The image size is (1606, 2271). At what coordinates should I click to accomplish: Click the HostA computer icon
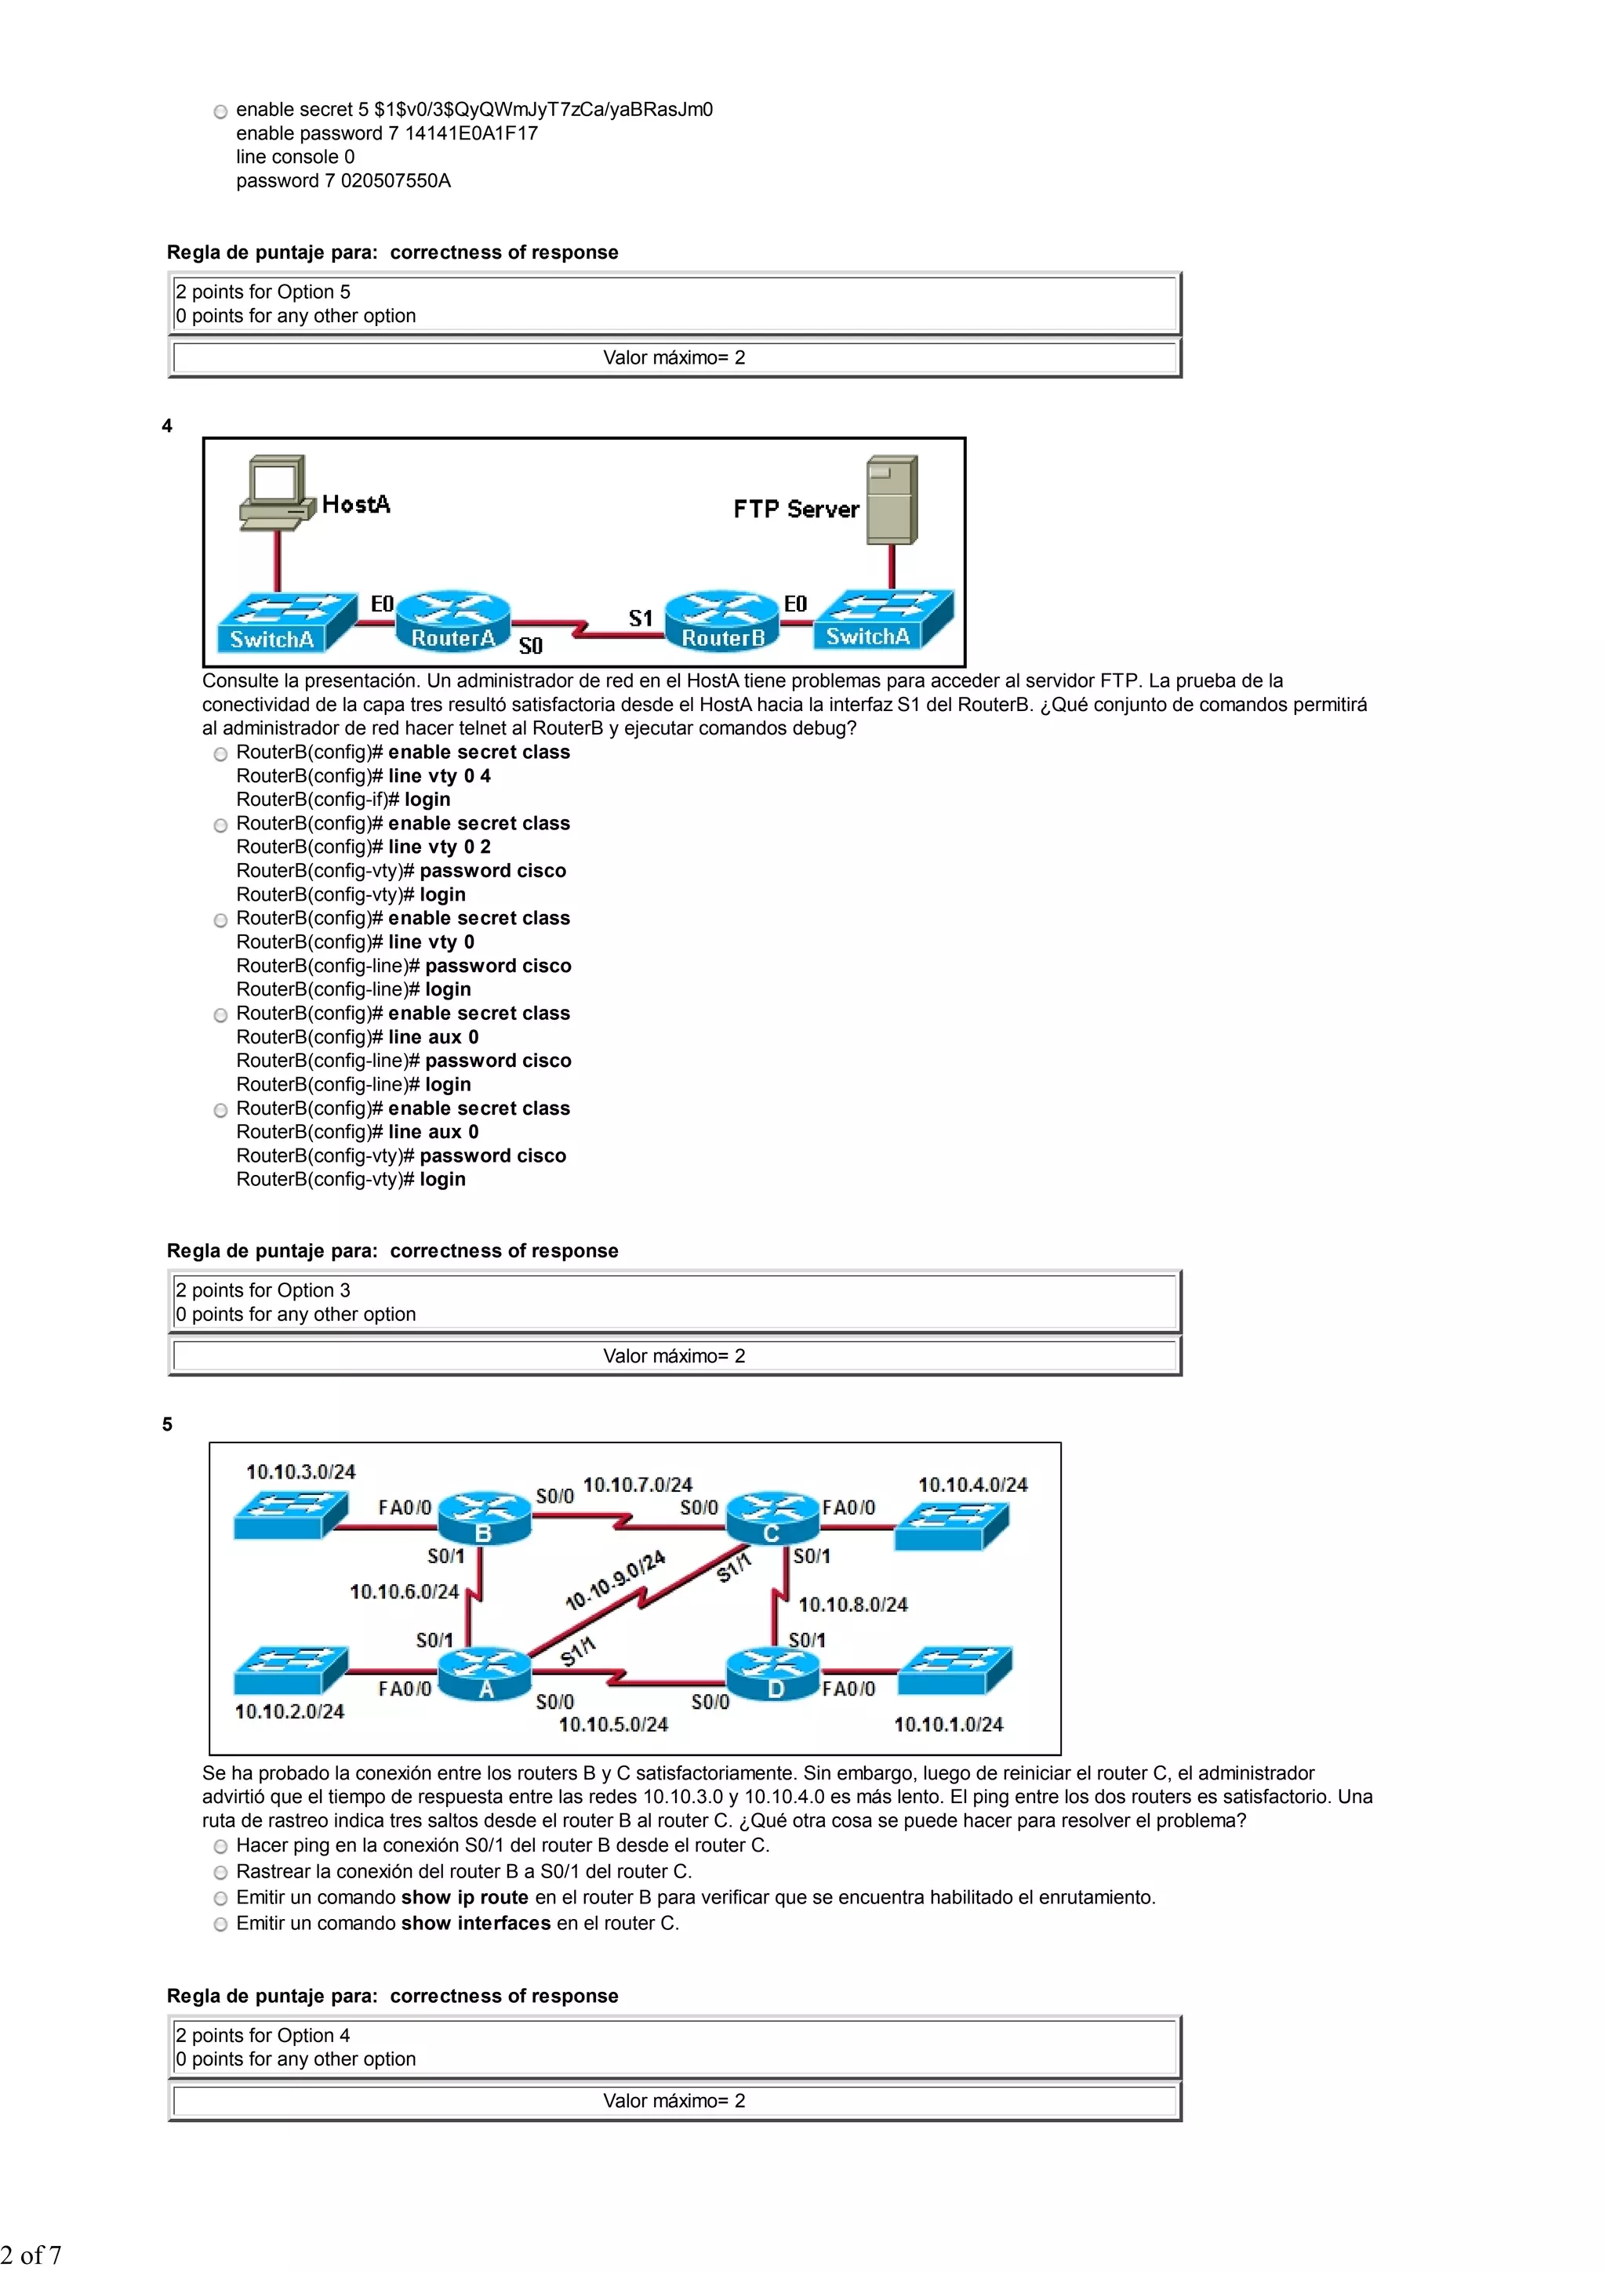(x=273, y=492)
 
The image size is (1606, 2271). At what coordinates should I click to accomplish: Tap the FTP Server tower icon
(x=892, y=499)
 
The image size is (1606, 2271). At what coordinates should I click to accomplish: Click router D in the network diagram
(x=774, y=1674)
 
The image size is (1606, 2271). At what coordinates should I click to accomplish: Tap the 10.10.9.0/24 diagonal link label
(x=615, y=1580)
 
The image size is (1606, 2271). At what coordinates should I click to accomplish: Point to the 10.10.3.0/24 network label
(x=301, y=1471)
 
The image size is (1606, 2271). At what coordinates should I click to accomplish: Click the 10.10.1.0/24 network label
(x=948, y=1724)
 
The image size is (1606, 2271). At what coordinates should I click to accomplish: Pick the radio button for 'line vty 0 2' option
(x=220, y=825)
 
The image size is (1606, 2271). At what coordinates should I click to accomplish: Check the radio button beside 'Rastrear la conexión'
(x=220, y=1873)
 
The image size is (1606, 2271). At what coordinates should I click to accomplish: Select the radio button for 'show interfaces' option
(x=220, y=1924)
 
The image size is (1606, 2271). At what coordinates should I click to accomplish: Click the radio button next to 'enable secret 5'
(x=220, y=111)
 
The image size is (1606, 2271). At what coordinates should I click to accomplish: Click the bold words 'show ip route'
(x=464, y=1897)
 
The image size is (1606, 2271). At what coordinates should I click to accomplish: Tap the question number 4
(x=167, y=426)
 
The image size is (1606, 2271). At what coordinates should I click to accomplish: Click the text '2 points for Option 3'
(x=263, y=1290)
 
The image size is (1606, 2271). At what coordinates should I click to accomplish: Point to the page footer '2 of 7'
(x=31, y=2255)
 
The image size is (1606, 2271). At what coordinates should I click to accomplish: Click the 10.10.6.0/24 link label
(x=404, y=1591)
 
